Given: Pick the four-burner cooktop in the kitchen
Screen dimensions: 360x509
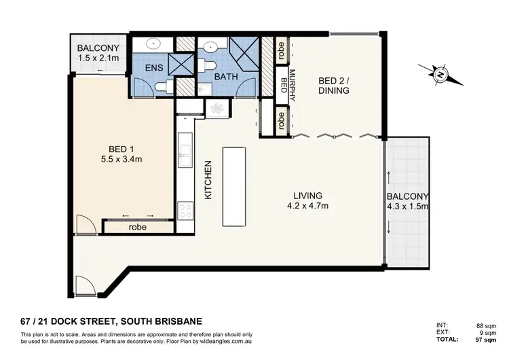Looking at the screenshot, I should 184,211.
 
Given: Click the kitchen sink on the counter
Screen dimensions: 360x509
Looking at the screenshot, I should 184,144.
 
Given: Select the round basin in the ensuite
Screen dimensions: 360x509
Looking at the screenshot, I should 154,44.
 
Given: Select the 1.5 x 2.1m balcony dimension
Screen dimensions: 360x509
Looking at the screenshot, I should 98,59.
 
